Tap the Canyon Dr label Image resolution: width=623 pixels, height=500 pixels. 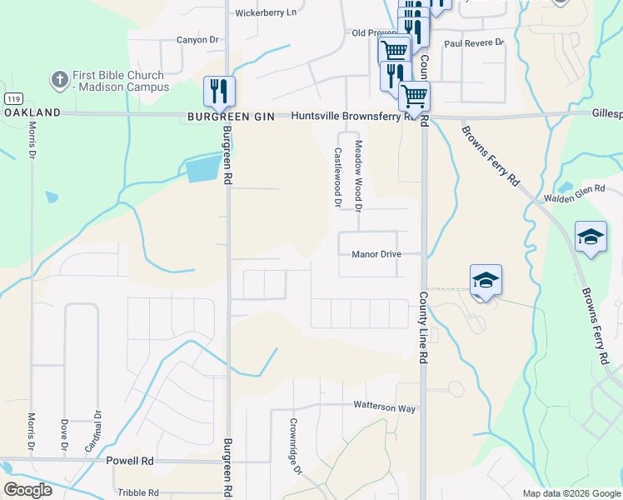(197, 39)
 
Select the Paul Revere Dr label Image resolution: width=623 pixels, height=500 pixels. (474, 42)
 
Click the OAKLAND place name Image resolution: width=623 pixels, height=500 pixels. (32, 112)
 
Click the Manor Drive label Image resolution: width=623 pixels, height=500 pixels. (376, 254)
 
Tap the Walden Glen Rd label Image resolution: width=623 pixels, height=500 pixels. (573, 194)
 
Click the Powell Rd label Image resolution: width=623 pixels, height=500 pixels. (130, 460)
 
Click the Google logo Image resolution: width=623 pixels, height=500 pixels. (28, 490)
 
